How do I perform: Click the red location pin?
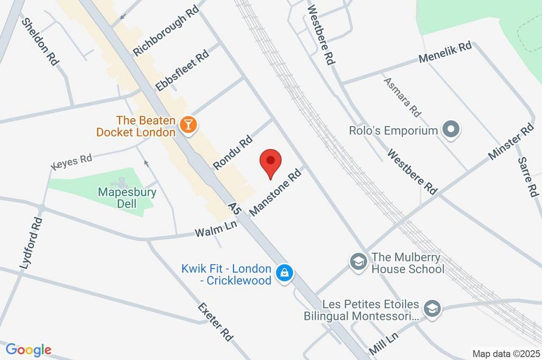[x=271, y=161]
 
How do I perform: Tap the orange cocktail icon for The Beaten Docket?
[x=187, y=125]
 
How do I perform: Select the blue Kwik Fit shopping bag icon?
[x=285, y=274]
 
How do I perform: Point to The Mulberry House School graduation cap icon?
[x=359, y=262]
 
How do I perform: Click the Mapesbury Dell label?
[x=127, y=197]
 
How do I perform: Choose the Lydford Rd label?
[x=31, y=243]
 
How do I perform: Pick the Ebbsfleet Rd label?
[x=183, y=71]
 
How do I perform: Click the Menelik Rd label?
[x=445, y=53]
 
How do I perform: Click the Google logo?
[x=29, y=350]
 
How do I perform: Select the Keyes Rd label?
[x=72, y=161]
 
